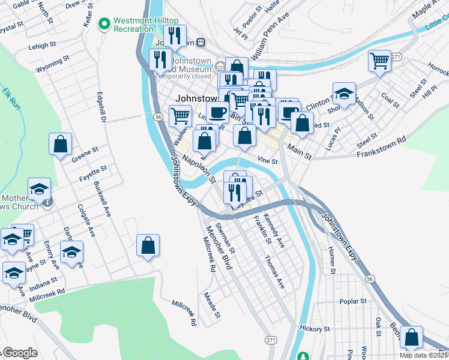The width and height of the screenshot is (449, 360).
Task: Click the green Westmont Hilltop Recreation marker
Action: [104, 23]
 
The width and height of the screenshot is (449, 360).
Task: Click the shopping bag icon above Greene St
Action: [60, 144]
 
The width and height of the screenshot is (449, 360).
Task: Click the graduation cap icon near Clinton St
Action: [344, 94]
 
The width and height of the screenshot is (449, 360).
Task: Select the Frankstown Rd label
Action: [381, 146]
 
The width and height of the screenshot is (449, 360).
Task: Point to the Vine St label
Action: [267, 161]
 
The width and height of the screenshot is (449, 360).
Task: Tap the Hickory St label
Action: [316, 329]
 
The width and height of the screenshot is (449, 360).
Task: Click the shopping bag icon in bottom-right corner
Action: [412, 337]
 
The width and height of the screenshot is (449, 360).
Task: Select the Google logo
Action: [20, 353]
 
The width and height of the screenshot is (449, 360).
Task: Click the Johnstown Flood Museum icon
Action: [221, 66]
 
